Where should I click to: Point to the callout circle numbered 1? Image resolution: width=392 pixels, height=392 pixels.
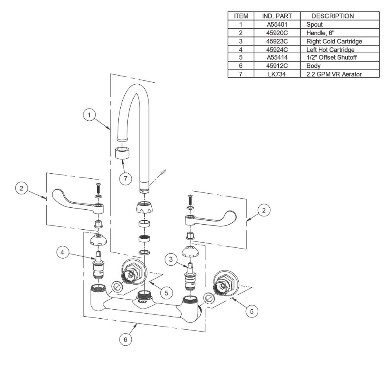(x=90, y=115)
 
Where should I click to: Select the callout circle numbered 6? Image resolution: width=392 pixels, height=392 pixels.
(x=125, y=339)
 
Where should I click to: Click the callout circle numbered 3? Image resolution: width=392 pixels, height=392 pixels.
(x=171, y=259)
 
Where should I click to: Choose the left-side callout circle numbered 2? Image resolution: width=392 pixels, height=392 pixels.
(x=22, y=188)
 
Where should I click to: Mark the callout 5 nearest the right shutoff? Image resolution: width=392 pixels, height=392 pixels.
(x=252, y=311)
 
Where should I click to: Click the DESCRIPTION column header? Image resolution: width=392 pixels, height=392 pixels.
(x=332, y=16)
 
